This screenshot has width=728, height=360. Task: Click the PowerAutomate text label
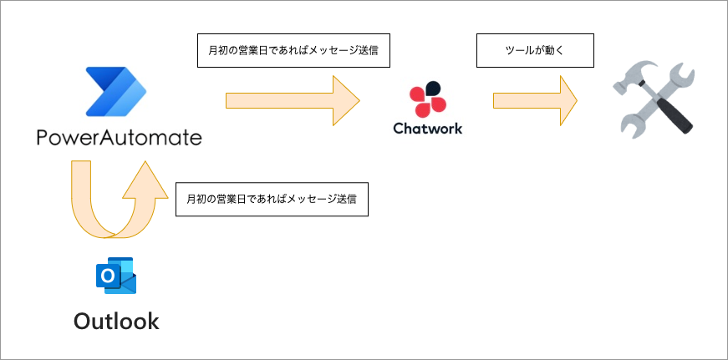[x=120, y=137]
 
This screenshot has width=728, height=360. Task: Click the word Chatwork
[x=427, y=129]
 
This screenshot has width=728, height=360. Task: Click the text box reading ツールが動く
[x=535, y=50]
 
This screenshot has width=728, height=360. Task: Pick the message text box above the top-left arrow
[x=293, y=50]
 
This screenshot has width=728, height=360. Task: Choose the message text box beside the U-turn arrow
[x=272, y=200]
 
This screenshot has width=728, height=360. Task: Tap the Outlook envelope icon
[x=116, y=276]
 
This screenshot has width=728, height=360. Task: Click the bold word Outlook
[x=116, y=321]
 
